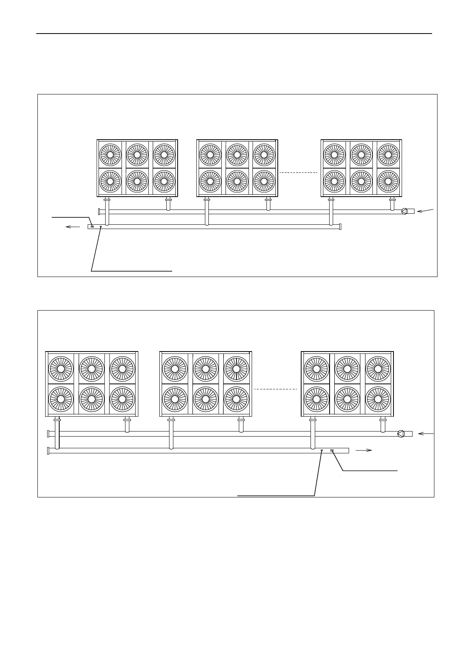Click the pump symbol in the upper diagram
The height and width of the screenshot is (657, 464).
tap(404, 211)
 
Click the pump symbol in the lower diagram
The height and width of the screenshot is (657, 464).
tap(400, 434)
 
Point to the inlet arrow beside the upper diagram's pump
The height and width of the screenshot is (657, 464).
tap(425, 211)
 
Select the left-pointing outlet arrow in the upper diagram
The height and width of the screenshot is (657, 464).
tap(73, 226)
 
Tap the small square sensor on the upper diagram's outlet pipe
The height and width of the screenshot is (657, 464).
tap(92, 227)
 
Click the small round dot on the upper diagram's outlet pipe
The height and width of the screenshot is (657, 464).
tap(101, 227)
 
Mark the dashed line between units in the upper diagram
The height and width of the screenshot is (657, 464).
tap(299, 172)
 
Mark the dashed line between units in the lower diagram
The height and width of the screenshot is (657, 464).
tap(275, 389)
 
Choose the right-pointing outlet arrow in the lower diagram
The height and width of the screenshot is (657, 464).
tap(364, 450)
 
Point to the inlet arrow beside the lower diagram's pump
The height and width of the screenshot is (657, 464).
tap(426, 433)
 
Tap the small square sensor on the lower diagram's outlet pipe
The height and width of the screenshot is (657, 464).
tap(332, 450)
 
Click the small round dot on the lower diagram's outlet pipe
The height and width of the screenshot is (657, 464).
tap(322, 450)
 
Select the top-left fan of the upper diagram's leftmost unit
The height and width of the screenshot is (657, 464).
tap(110, 154)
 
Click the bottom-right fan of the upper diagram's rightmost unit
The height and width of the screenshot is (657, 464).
tap(388, 181)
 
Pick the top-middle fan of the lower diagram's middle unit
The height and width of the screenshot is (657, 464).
tap(205, 369)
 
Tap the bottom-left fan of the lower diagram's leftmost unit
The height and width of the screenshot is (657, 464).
tap(61, 399)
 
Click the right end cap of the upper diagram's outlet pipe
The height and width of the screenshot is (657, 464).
tap(340, 226)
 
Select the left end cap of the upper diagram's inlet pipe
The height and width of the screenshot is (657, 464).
tap(100, 211)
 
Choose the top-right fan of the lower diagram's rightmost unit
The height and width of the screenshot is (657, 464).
tap(378, 369)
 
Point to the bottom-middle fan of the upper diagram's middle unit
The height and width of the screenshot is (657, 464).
tap(237, 181)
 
